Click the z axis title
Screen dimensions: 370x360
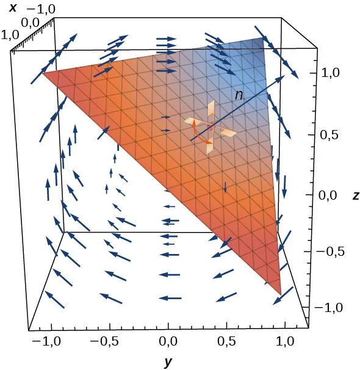pyautogui.click(x=355, y=195)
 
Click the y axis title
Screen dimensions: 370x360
pyautogui.click(x=168, y=361)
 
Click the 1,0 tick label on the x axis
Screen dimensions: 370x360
pyautogui.click(x=12, y=35)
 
